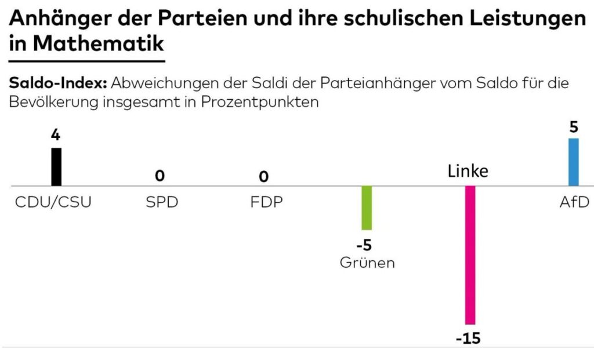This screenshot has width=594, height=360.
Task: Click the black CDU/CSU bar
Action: coord(56,166)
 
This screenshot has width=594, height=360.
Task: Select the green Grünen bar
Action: coord(367,208)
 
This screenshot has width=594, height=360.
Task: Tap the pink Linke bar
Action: coord(470,255)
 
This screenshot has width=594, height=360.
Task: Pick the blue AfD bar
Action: coord(573,162)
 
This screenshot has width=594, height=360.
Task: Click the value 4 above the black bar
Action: coord(56,135)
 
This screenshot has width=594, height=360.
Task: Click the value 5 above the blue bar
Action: coord(574,126)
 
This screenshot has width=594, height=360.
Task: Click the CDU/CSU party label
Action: coord(53,203)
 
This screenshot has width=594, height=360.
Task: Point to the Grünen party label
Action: coord(367,263)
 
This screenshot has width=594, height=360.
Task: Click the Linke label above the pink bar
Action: coord(468,172)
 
